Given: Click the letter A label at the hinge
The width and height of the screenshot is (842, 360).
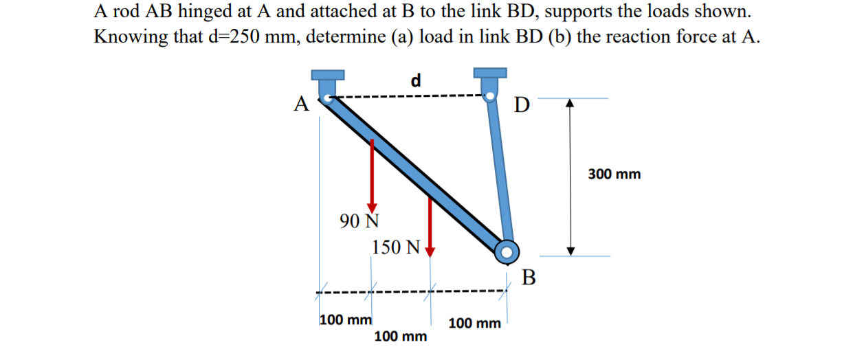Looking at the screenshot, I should [300, 104].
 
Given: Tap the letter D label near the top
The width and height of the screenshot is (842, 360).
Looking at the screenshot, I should [522, 106].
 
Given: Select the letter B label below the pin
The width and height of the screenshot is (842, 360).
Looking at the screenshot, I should [528, 278].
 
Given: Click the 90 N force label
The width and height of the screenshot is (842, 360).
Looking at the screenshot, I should [359, 221].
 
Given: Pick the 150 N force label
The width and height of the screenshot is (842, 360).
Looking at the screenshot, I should [395, 247].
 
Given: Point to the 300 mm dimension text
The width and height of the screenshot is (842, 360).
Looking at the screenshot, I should [614, 175].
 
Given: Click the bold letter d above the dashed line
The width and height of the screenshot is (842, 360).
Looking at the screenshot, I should [415, 80].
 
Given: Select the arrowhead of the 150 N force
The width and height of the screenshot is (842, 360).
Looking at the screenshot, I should [430, 249].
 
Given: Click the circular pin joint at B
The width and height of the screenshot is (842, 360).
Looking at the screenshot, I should [507, 251].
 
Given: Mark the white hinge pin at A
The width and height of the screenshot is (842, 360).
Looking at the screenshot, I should [329, 98].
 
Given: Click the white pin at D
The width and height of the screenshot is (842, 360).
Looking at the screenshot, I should [490, 97].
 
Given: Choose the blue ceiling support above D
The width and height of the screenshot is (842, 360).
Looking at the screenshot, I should [489, 72].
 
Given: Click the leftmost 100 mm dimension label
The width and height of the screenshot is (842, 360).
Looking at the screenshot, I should [346, 319].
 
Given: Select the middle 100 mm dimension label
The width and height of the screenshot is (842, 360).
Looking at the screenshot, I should [400, 337].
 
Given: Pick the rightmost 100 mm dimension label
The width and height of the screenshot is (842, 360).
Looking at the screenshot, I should [474, 322].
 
